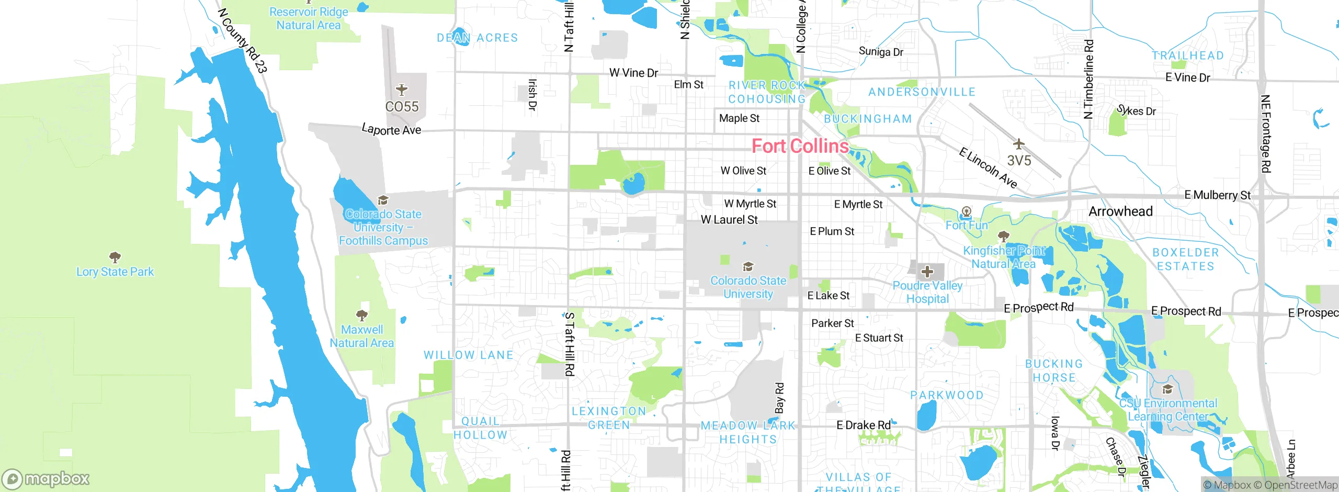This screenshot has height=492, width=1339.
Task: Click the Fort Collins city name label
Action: [800, 146]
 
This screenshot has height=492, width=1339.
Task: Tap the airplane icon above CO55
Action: [401, 90]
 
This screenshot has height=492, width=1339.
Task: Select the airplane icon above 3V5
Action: [1018, 143]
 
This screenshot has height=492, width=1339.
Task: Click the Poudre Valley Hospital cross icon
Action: [927, 272]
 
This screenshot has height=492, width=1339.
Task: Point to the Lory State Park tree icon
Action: [115, 257]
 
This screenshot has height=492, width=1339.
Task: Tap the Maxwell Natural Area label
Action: [361, 337]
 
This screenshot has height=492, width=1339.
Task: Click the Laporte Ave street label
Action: [391, 129]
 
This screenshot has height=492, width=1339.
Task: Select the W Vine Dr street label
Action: [633, 73]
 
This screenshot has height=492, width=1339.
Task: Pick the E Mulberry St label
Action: [1217, 195]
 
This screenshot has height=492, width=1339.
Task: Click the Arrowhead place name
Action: [1120, 211]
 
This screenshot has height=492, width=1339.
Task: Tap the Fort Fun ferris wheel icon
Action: [966, 212]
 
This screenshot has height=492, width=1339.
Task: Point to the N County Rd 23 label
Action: [243, 40]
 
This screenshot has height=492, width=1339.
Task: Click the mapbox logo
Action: [46, 479]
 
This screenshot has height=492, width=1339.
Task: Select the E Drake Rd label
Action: [863, 425]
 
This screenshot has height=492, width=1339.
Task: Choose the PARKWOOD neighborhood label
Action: [947, 395]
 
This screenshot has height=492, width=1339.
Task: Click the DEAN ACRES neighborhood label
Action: [477, 38]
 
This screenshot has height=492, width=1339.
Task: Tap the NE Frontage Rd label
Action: [1265, 133]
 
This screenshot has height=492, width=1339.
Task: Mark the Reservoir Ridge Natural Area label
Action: [309, 18]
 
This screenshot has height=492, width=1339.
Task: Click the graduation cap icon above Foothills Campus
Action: [383, 200]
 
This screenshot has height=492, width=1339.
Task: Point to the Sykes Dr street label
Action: [1137, 111]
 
